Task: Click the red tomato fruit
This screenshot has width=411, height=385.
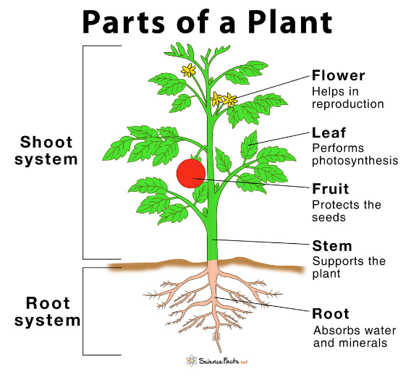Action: (191, 174)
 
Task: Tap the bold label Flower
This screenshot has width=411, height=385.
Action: (339, 75)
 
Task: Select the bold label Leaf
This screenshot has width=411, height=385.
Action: (329, 132)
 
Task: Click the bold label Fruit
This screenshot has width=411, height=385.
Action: (331, 189)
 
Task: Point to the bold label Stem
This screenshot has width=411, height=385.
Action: (332, 246)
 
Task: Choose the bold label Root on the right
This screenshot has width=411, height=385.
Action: (331, 313)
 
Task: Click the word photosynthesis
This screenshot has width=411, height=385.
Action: (355, 161)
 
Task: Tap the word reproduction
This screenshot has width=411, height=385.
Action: (348, 104)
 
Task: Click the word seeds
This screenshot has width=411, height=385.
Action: (329, 218)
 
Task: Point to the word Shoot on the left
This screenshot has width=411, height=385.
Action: (46, 142)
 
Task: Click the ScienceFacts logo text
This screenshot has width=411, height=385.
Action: (223, 361)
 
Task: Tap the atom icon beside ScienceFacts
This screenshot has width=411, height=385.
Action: (192, 361)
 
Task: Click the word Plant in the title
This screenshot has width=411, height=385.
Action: (290, 22)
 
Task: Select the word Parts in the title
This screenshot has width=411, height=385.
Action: (124, 22)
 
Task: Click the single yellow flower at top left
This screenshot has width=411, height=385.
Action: (188, 70)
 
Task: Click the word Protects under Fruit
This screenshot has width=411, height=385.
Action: (335, 205)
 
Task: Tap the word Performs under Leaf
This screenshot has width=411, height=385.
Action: (338, 148)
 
